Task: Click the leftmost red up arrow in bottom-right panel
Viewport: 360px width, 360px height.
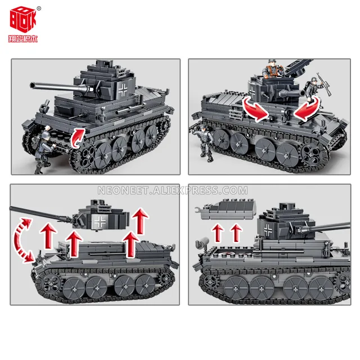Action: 217,232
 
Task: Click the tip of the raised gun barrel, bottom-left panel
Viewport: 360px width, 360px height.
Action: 12,209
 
